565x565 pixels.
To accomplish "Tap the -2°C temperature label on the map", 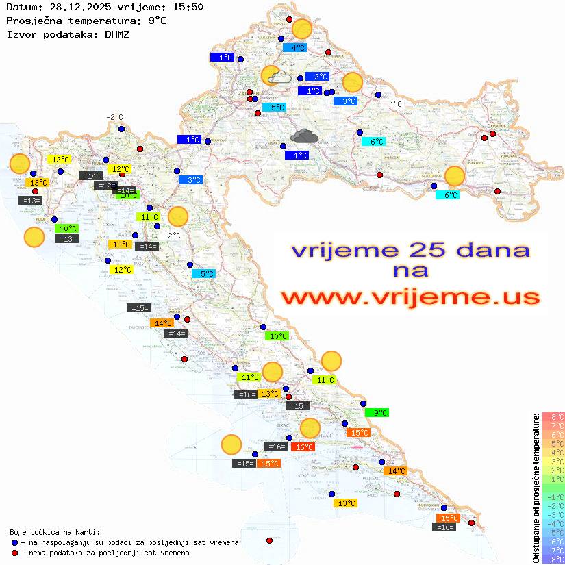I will point(114,118).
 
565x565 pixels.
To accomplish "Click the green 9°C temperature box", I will point(377,413).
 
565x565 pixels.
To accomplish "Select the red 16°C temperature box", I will point(303,447).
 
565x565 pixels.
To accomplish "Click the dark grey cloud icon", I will point(303,136).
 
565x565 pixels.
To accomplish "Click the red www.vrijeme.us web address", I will point(410,297).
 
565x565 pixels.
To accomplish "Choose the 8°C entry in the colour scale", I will point(553,417).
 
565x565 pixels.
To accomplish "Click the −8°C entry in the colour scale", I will point(553,559).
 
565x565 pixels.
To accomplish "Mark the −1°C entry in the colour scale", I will point(553,497).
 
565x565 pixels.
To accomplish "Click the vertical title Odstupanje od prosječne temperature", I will point(536,487).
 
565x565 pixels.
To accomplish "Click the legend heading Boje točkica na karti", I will point(55,532).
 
